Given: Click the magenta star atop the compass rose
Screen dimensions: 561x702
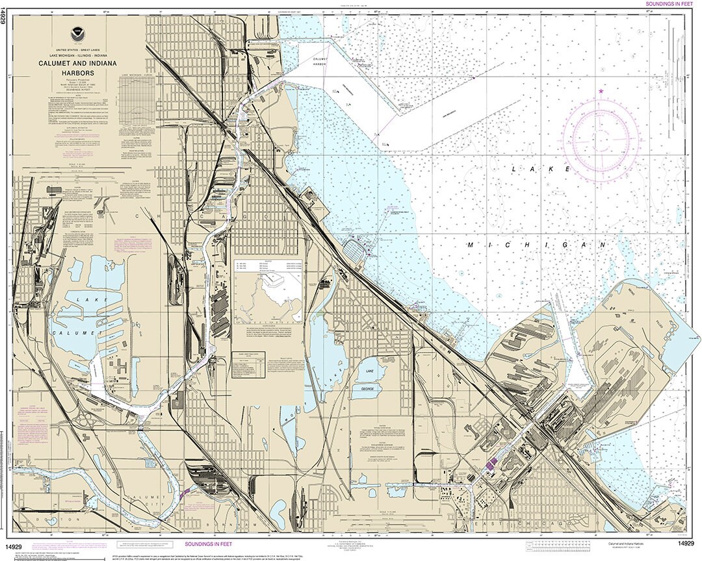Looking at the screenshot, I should (x=601, y=92).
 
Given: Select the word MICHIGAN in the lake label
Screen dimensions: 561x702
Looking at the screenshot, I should (x=536, y=245).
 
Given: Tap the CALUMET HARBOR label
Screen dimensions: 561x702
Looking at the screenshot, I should (x=319, y=62).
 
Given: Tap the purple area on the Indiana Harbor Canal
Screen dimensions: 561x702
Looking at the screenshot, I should (x=492, y=463).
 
